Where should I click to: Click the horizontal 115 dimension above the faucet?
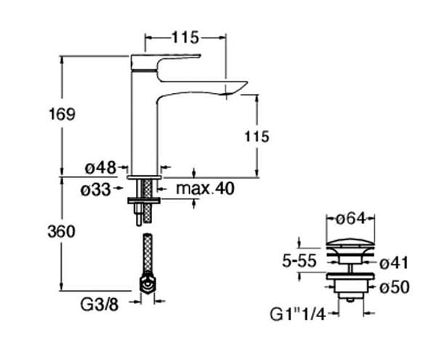pyautogui.click(x=185, y=38)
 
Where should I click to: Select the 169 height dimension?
pyautogui.click(x=62, y=114)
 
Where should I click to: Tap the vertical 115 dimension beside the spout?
pyautogui.click(x=257, y=137)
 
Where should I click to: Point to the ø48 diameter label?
pyautogui.click(x=101, y=167)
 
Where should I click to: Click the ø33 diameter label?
pyautogui.click(x=96, y=189)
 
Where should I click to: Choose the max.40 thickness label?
pyautogui.click(x=205, y=188)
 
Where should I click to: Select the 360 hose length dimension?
pyautogui.click(x=61, y=231)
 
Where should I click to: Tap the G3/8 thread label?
pyautogui.click(x=100, y=305)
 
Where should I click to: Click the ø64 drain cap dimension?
pyautogui.click(x=350, y=219)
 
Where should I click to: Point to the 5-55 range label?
pyautogui.click(x=299, y=260)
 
